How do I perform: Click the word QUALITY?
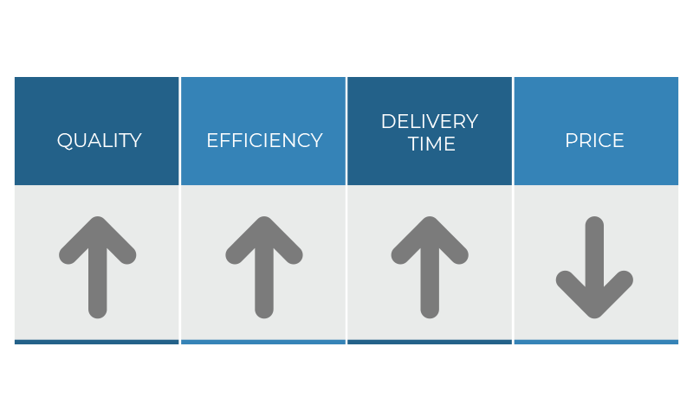(x=99, y=141)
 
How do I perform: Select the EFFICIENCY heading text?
(x=264, y=140)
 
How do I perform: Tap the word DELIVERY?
(x=430, y=121)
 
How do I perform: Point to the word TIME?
(x=431, y=144)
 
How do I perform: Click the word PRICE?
(x=594, y=140)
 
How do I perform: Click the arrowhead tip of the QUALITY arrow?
(x=98, y=218)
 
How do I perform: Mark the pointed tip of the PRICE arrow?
(x=594, y=317)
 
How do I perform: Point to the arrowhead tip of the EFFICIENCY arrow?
(x=264, y=218)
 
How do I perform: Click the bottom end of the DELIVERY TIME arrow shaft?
(x=430, y=317)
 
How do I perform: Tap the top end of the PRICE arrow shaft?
(x=594, y=218)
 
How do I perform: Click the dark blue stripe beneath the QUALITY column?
(x=97, y=342)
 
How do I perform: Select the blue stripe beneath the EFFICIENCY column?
(x=263, y=342)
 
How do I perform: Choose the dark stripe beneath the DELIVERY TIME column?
(x=430, y=342)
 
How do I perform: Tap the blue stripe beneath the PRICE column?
(x=596, y=342)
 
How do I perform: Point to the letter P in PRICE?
(x=571, y=140)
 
